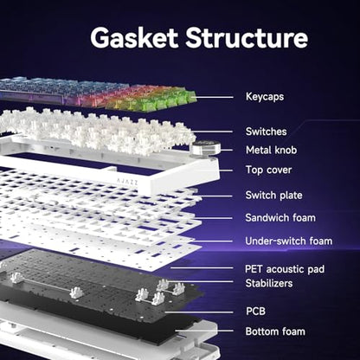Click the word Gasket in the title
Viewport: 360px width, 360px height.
(134, 38)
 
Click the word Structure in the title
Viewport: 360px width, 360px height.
(247, 38)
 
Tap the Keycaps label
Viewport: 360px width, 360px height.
(265, 97)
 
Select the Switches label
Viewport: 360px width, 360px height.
(266, 132)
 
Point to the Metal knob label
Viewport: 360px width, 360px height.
(271, 150)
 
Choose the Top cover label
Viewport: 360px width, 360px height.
(268, 170)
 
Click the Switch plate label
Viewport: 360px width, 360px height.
(273, 196)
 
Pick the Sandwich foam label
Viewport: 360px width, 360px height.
(280, 218)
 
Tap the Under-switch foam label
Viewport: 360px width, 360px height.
(289, 241)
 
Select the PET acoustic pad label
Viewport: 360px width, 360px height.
(285, 269)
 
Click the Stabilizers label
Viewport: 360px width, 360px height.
(269, 283)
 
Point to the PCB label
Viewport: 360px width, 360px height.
(255, 312)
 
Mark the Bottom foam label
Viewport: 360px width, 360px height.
(275, 331)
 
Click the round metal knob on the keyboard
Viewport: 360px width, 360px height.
(204, 147)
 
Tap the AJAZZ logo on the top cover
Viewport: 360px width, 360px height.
(127, 181)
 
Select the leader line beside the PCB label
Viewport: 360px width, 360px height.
(199, 312)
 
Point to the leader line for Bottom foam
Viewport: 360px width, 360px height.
(204, 331)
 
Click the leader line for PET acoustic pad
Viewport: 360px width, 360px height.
(202, 268)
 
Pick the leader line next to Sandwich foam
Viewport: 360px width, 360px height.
(214, 218)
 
